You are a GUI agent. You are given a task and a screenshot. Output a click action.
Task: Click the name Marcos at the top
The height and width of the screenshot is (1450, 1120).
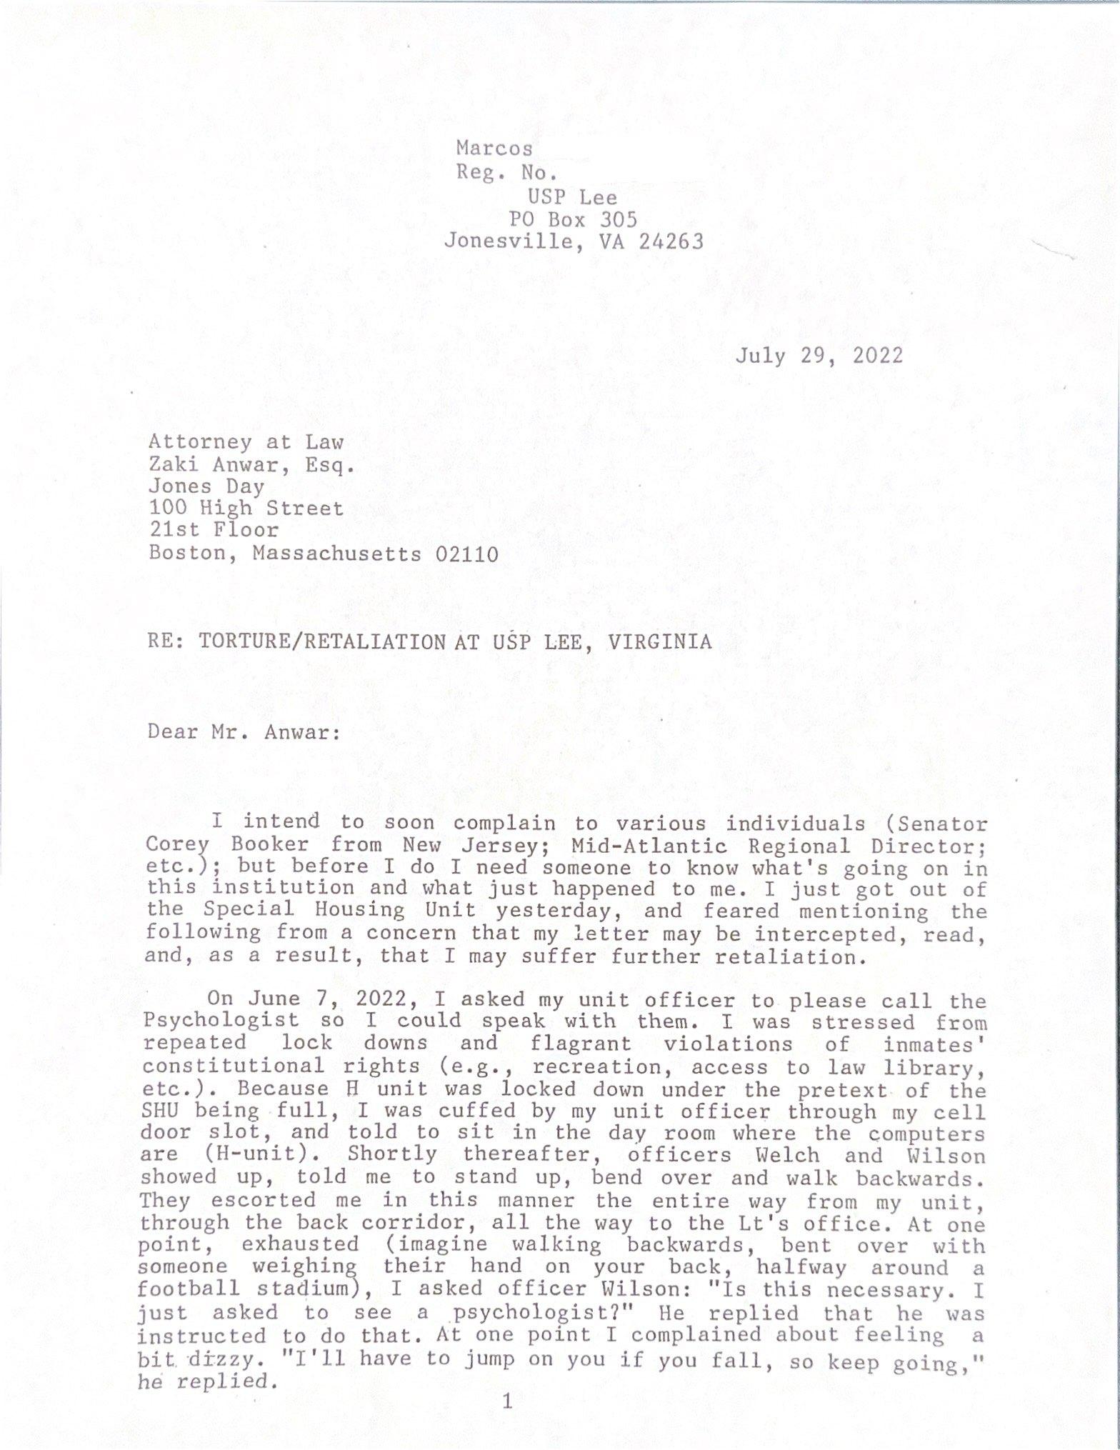(x=494, y=148)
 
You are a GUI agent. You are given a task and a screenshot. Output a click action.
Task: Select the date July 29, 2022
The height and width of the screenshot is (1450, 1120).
(x=819, y=355)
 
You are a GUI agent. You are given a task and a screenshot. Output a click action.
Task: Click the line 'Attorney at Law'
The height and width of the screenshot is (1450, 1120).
(x=246, y=442)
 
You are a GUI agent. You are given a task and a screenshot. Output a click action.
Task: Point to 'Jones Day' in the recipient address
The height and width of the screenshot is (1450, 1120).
(x=206, y=486)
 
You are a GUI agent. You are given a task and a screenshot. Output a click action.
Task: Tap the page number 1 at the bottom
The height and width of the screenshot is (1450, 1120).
(x=508, y=1401)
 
